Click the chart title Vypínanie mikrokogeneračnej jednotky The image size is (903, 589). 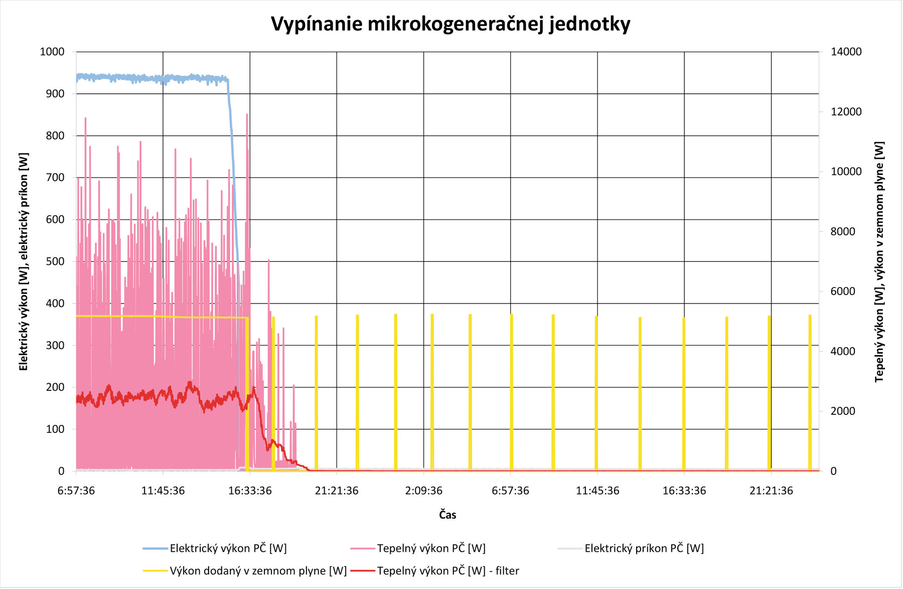click(x=450, y=24)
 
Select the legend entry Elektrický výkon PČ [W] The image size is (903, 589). click(x=228, y=548)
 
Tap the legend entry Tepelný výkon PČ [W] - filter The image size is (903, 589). click(x=447, y=571)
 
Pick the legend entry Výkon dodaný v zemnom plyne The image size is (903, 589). click(x=258, y=571)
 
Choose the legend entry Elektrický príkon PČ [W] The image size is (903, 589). click(x=644, y=548)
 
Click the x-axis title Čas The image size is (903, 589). click(x=447, y=514)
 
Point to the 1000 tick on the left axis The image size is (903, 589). click(x=52, y=52)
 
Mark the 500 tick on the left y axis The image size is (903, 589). click(x=55, y=261)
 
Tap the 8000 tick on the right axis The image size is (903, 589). click(x=843, y=231)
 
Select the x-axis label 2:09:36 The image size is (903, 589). click(x=423, y=491)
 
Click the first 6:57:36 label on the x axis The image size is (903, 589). click(x=76, y=491)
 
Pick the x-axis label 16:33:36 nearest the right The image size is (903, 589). click(x=684, y=491)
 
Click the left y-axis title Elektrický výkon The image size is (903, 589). click(x=24, y=261)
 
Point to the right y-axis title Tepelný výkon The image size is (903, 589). click(x=879, y=261)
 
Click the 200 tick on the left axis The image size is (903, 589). click(x=55, y=387)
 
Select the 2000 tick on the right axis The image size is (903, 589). click(x=843, y=411)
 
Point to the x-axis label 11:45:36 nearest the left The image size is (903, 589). click(x=163, y=491)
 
